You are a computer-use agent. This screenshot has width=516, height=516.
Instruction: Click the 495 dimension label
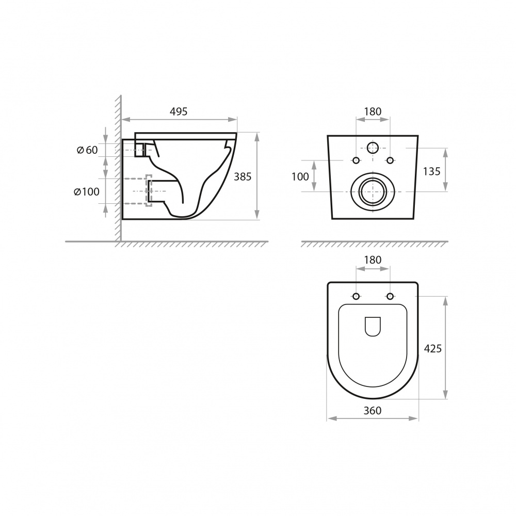(x=179, y=111)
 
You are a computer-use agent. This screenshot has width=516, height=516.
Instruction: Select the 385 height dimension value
(x=243, y=176)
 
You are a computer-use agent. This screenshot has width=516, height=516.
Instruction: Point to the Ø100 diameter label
(x=86, y=192)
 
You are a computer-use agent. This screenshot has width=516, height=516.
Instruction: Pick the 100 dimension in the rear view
(x=300, y=177)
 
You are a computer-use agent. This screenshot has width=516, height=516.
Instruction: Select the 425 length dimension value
(x=432, y=349)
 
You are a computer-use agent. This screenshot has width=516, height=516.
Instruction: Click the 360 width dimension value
(x=372, y=411)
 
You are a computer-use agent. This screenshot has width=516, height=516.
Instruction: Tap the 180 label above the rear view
(x=373, y=111)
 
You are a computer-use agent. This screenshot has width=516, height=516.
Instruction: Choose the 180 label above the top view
(x=373, y=260)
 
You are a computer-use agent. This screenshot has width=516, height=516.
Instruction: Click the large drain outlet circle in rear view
(x=373, y=191)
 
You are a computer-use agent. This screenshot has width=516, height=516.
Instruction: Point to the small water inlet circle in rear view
(x=373, y=148)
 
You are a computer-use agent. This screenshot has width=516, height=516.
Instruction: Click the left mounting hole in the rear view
(x=356, y=159)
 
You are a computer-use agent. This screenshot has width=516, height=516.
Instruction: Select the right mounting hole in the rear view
(x=390, y=159)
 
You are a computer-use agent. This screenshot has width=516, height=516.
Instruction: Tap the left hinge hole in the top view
(x=356, y=296)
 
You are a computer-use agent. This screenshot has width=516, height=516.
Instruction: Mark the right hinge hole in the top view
(x=390, y=296)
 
